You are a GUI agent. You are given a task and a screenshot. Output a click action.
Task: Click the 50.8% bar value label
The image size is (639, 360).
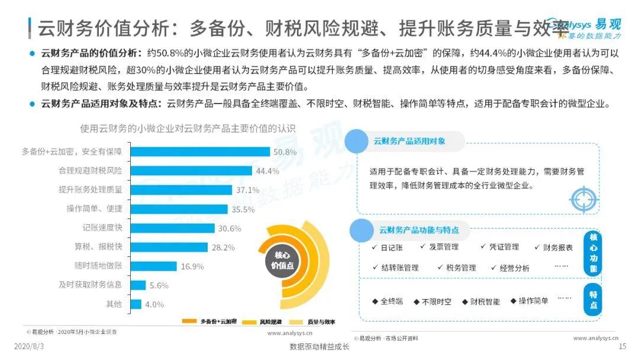[x=285, y=152]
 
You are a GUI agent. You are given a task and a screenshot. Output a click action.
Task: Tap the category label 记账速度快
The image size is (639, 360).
[x=102, y=228]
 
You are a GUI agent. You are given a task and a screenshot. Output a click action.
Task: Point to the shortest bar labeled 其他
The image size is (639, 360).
[x=135, y=304]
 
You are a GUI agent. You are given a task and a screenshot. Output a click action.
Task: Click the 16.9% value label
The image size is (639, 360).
[x=192, y=266]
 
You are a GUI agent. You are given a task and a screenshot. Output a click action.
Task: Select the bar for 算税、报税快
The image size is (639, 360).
[x=169, y=247]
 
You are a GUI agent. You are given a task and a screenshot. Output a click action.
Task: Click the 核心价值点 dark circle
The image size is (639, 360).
[x=282, y=260]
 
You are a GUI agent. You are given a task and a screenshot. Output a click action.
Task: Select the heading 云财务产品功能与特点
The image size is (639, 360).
[x=418, y=230]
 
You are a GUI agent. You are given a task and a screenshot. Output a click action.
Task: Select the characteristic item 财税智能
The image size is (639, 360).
[x=485, y=301]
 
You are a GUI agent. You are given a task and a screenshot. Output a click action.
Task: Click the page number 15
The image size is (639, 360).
[x=622, y=346]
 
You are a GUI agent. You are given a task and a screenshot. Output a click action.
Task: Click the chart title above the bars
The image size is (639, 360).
[x=188, y=128]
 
